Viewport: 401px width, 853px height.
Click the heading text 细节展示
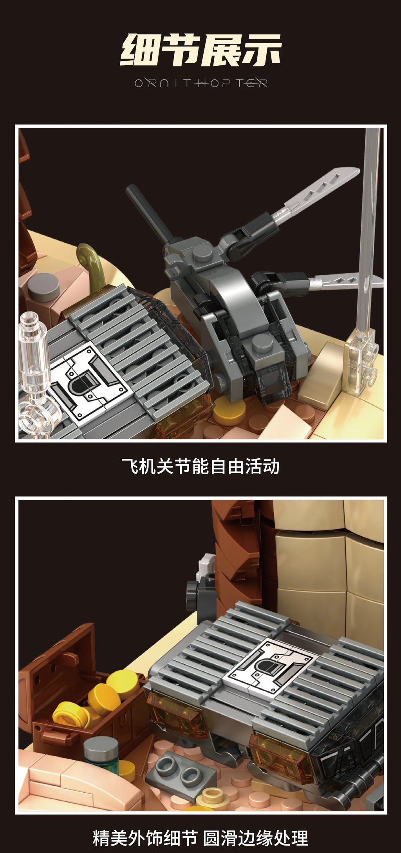[x=200, y=50]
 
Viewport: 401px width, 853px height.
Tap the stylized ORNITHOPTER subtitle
[x=200, y=83]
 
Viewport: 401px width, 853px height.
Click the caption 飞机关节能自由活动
[x=200, y=466]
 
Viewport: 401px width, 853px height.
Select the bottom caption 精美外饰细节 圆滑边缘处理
[x=200, y=838]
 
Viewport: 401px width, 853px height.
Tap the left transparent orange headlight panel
[x=172, y=716]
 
